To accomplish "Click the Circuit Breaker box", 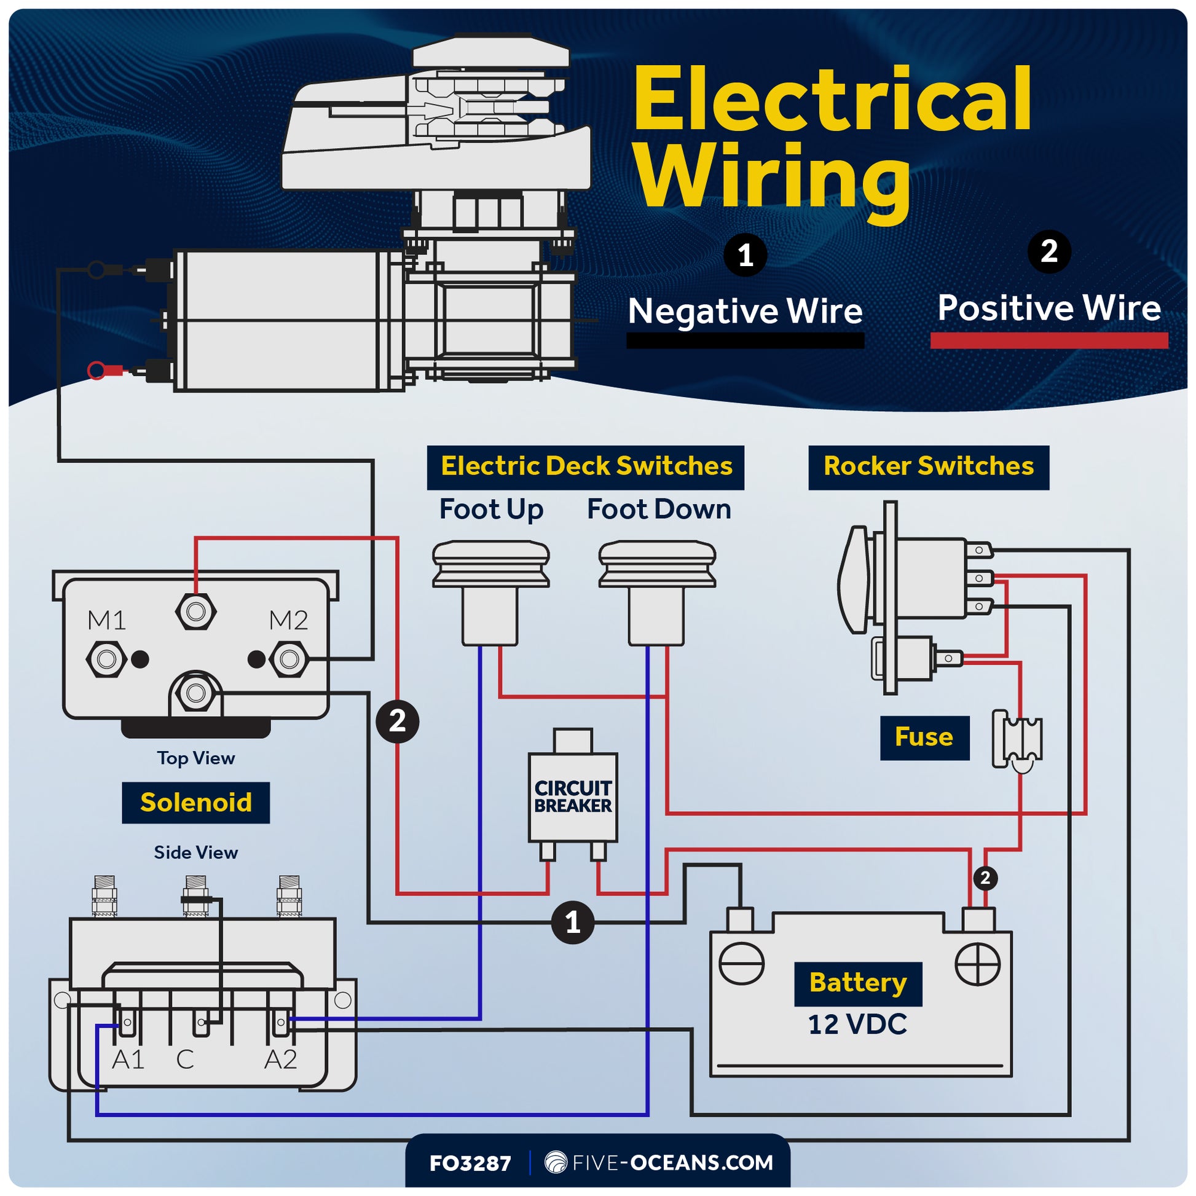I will pyautogui.click(x=573, y=797).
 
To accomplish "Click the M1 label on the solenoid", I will pyautogui.click(x=106, y=620).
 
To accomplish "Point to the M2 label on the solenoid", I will pyautogui.click(x=288, y=620).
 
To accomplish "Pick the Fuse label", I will pyautogui.click(x=924, y=738).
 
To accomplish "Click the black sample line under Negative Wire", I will pyautogui.click(x=745, y=340).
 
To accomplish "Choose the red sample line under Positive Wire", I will pyautogui.click(x=1048, y=340).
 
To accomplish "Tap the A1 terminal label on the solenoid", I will pyautogui.click(x=127, y=1060).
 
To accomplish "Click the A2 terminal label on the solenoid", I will pyautogui.click(x=280, y=1060).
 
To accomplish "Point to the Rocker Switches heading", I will pyautogui.click(x=929, y=466).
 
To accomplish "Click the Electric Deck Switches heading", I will pyautogui.click(x=586, y=466).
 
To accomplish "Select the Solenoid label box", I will pyautogui.click(x=195, y=803).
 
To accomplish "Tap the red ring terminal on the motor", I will pyautogui.click(x=97, y=371).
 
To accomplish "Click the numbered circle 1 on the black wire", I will pyautogui.click(x=573, y=923).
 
